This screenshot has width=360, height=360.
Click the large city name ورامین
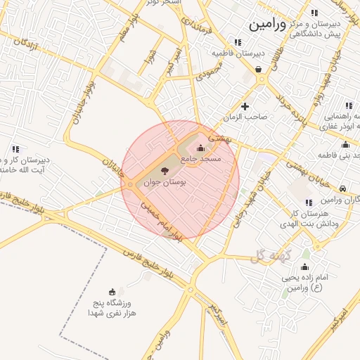(x=268, y=25)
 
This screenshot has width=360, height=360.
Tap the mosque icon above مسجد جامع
(x=202, y=148)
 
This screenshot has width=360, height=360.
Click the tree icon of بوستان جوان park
(x=165, y=171)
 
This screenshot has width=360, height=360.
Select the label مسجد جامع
(x=202, y=160)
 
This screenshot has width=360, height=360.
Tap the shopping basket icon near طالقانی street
(x=259, y=69)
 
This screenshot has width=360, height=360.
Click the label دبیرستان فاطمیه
(x=239, y=52)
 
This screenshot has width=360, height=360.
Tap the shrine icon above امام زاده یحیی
(x=304, y=267)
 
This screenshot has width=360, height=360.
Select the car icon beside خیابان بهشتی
(x=342, y=189)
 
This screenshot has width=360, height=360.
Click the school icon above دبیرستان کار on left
(x=15, y=148)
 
